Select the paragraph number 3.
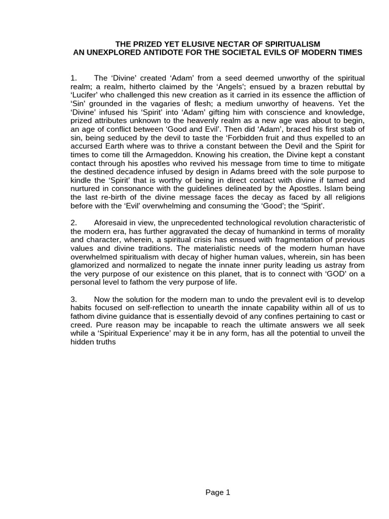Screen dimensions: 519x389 pyautogui.click(x=73, y=299)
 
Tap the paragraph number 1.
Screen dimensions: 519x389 pyautogui.click(x=73, y=78)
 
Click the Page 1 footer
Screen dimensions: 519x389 pyautogui.click(x=218, y=492)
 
